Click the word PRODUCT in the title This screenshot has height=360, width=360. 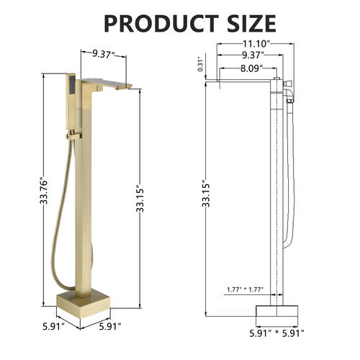pyautogui.click(x=161, y=24)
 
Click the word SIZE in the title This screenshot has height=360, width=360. pyautogui.click(x=252, y=24)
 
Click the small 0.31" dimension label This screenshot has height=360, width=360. pyautogui.click(x=200, y=64)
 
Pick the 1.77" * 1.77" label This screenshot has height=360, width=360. pyautogui.click(x=245, y=289)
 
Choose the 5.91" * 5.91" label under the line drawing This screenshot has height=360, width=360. pyautogui.click(x=276, y=333)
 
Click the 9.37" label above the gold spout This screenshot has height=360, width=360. pyautogui.click(x=104, y=54)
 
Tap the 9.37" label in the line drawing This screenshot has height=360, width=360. pyautogui.click(x=253, y=55)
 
